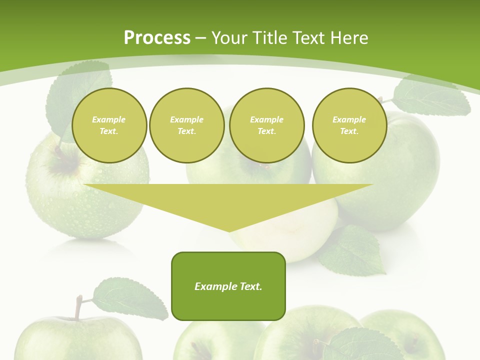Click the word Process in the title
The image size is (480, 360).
coord(157,38)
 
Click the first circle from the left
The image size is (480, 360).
coord(109,125)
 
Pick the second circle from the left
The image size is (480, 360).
coord(186,125)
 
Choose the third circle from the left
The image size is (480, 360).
coord(266,125)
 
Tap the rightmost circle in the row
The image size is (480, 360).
coord(349,125)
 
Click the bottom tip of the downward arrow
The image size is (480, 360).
coord(229,230)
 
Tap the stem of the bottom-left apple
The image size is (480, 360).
coord(78,307)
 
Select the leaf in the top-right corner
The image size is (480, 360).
coord(431,97)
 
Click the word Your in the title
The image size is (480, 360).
coord(230,38)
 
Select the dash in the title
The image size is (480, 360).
coord(200,38)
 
